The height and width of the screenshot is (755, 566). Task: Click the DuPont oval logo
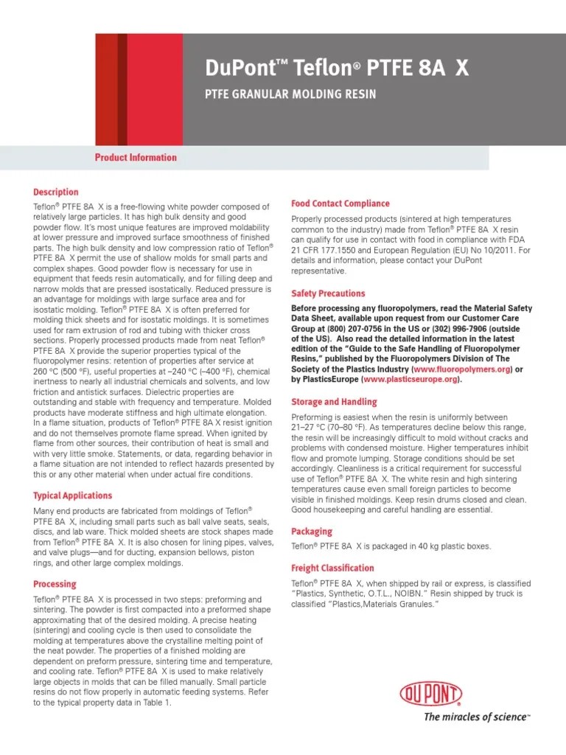431,694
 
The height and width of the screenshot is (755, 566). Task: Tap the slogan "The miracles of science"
476,717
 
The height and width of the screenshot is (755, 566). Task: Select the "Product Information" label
136,157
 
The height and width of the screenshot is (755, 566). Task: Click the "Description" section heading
56,192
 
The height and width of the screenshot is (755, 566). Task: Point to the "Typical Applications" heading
73,495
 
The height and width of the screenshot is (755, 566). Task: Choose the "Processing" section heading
55,584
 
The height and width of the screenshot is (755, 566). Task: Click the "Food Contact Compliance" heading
340,203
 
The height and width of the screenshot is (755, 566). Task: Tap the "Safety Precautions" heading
328,293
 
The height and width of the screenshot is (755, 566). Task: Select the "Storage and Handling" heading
334,402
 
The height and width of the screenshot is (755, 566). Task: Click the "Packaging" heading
312,532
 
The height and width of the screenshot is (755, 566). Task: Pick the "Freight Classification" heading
332,568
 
